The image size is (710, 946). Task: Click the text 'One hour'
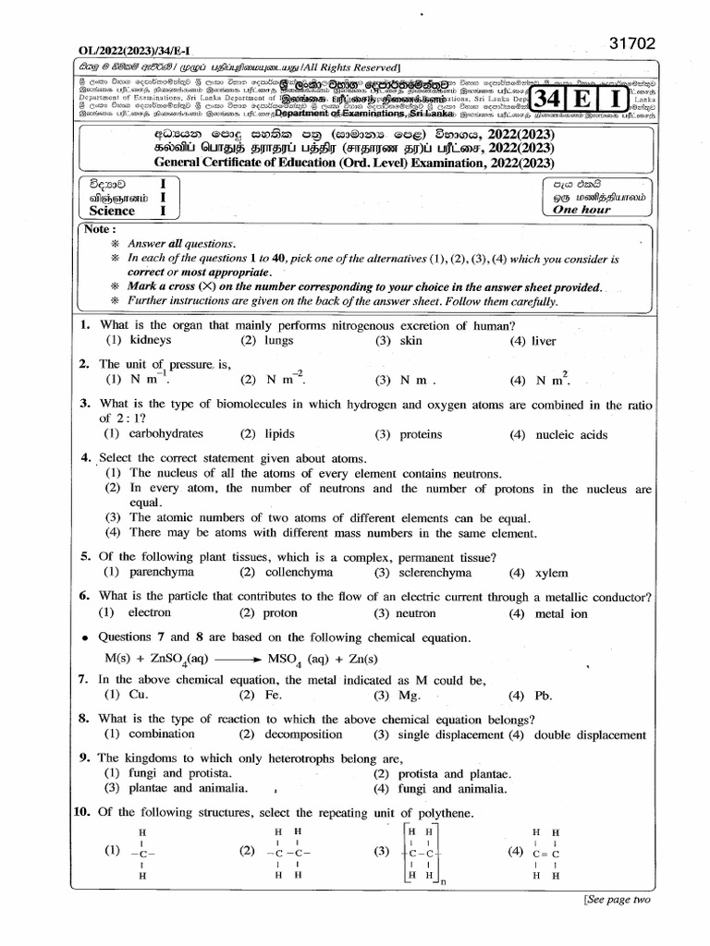coord(581,210)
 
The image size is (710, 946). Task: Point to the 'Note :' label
coord(100,229)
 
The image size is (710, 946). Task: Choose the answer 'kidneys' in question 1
coord(152,341)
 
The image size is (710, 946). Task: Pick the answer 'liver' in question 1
coord(544,341)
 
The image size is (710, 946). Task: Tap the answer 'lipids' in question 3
coord(282,434)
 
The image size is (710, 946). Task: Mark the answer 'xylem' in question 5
coord(552,573)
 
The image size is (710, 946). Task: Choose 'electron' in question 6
coord(150,612)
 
